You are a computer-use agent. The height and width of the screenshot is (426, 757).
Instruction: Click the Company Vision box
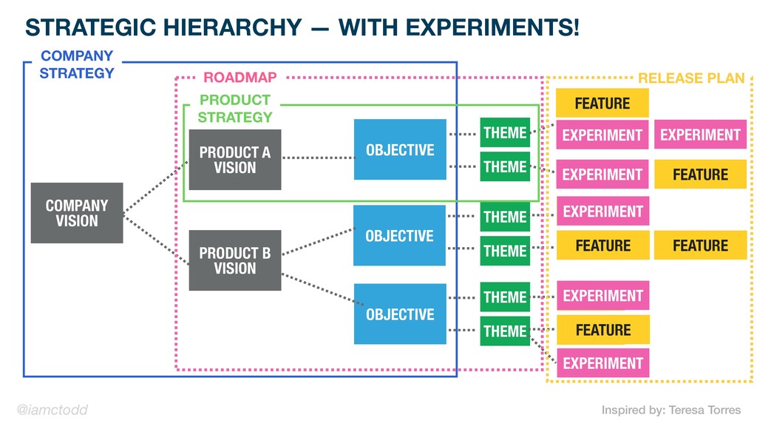click(77, 213)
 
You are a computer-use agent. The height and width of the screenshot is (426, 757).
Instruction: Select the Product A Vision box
click(235, 160)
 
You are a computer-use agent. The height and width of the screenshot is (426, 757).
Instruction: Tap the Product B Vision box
click(235, 260)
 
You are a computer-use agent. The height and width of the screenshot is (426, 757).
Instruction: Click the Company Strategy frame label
click(77, 64)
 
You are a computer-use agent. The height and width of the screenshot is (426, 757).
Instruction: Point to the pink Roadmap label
click(240, 77)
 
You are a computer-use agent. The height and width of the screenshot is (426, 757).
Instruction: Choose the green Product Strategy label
click(235, 108)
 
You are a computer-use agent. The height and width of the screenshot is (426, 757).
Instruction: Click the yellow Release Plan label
click(691, 78)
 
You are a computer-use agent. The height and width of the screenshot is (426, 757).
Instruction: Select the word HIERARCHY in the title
click(233, 27)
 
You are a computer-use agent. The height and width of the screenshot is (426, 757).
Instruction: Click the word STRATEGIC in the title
click(91, 27)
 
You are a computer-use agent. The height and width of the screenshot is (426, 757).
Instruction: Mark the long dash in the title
click(319, 29)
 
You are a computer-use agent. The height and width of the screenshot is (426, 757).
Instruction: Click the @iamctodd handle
click(52, 410)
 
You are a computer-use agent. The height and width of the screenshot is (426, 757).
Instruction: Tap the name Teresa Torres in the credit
click(705, 410)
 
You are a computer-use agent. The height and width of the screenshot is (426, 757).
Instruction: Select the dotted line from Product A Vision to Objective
click(318, 158)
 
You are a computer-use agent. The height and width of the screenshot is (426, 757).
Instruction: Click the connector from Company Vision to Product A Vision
click(156, 186)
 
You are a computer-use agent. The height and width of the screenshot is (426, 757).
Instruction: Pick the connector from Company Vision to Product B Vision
click(156, 240)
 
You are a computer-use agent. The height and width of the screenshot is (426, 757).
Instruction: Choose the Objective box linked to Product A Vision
click(400, 149)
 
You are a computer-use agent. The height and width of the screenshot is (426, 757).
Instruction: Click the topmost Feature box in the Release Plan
click(602, 103)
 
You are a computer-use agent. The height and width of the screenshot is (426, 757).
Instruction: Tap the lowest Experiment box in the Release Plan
click(603, 362)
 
